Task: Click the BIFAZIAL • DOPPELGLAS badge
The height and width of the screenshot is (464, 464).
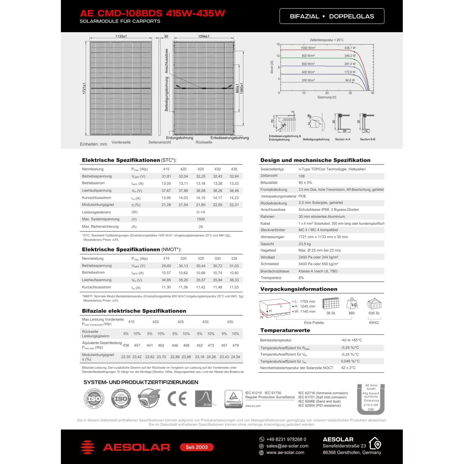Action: click(x=332, y=16)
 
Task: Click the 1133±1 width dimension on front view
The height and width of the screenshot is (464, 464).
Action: click(x=121, y=36)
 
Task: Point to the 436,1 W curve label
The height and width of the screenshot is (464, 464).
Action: click(x=350, y=48)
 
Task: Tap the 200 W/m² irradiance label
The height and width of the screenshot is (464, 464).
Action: click(x=308, y=80)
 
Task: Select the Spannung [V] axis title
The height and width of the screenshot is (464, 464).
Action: click(x=327, y=97)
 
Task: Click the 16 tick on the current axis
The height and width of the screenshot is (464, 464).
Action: click(x=278, y=44)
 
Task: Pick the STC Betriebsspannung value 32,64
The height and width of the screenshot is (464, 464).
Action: click(x=234, y=176)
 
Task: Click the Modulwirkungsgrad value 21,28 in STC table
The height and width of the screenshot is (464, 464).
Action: click(x=166, y=205)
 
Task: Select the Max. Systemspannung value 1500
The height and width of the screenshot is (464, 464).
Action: click(x=201, y=220)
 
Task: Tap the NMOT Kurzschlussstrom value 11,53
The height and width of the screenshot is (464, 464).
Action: click(x=234, y=287)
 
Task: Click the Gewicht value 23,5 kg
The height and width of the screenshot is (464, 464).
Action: click(x=304, y=244)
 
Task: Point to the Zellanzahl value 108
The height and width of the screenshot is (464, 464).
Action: click(x=302, y=176)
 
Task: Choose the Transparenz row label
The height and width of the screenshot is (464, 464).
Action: click(x=271, y=278)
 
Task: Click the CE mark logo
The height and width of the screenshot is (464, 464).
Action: click(x=177, y=399)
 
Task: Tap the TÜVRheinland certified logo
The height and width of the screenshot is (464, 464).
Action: click(x=233, y=399)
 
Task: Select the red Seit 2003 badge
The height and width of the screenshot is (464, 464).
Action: click(x=197, y=447)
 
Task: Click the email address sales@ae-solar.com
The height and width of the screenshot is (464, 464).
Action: click(x=287, y=446)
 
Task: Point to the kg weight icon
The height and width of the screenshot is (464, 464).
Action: click(x=352, y=304)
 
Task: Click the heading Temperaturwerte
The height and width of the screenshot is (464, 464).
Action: click(x=285, y=330)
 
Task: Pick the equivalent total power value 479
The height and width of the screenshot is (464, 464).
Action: click(x=235, y=345)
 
